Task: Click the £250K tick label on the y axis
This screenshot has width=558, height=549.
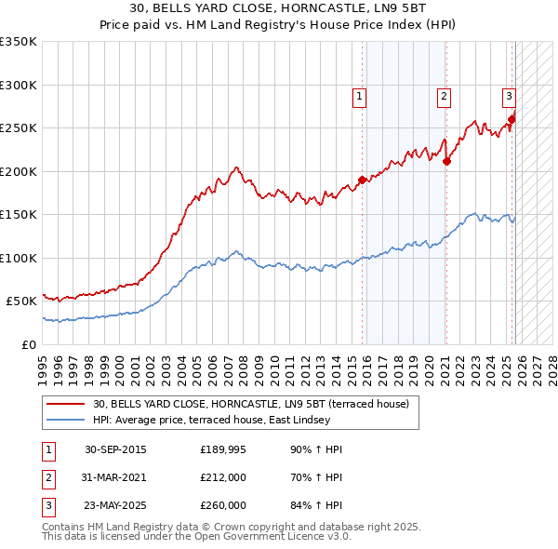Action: coord(19,128)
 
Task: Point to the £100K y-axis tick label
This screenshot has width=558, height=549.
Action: coord(19,258)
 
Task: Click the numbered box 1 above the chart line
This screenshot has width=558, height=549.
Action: coord(358,95)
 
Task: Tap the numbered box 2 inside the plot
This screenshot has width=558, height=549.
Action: coord(445,95)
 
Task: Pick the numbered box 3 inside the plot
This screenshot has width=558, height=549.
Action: coord(509,95)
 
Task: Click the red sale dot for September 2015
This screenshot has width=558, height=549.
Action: coord(363,181)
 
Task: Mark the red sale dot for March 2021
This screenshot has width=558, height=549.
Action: coord(447,161)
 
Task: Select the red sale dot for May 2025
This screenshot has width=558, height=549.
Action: coord(512,119)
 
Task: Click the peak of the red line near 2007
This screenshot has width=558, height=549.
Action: coord(237,167)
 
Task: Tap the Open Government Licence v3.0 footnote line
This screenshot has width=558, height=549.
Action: coord(196,536)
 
